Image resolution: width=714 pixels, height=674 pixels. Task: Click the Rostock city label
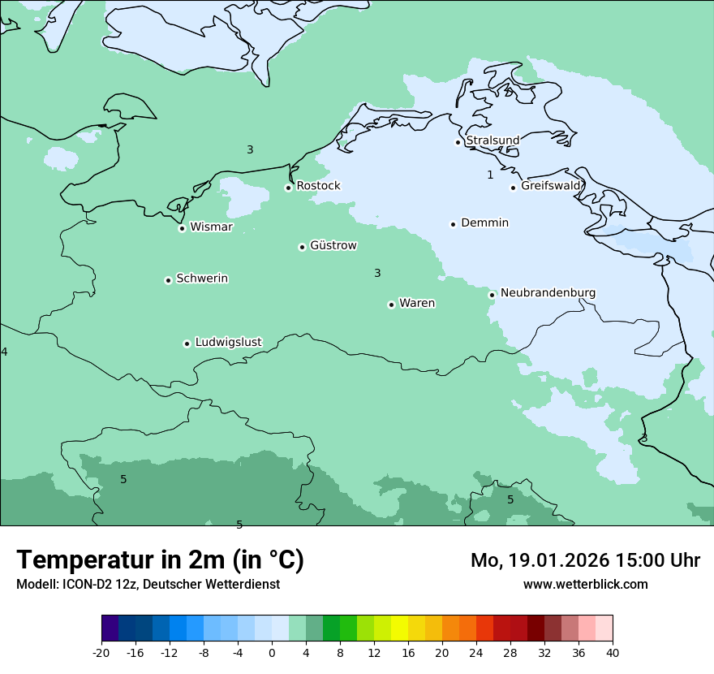click(318, 186)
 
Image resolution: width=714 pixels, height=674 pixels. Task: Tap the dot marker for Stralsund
click(458, 142)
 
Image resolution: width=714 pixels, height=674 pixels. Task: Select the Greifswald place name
click(551, 186)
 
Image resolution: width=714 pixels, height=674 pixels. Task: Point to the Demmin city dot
click(453, 224)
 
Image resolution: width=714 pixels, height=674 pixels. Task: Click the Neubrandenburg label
click(548, 293)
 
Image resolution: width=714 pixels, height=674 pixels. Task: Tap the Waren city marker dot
click(391, 305)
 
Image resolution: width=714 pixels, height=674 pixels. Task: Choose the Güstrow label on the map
click(333, 245)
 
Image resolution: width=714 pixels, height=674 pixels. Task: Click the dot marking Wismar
click(182, 228)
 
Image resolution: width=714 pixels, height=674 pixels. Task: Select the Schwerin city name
click(202, 279)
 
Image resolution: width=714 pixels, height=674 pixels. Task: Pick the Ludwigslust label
click(228, 343)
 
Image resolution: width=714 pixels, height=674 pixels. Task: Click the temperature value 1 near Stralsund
click(490, 175)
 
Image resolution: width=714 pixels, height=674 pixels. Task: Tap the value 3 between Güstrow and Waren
click(377, 273)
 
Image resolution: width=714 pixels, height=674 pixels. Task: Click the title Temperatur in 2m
click(160, 560)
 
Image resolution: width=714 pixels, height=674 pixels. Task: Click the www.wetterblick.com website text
click(585, 584)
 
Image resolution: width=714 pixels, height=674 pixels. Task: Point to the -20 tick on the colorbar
click(101, 652)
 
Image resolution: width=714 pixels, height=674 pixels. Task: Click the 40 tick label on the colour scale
click(613, 652)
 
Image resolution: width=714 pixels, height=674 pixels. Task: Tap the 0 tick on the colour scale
click(272, 652)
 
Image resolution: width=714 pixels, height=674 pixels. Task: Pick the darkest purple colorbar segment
click(110, 629)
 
